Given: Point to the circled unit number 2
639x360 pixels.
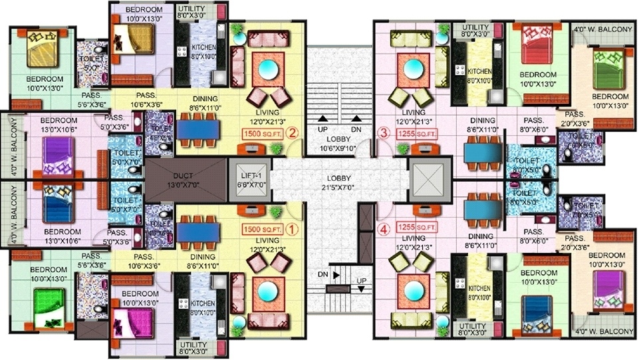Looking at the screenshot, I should pyautogui.click(x=292, y=132).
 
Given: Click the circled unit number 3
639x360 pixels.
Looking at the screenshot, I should pyautogui.click(x=383, y=132).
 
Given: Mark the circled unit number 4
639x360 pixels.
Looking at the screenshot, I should pyautogui.click(x=383, y=231).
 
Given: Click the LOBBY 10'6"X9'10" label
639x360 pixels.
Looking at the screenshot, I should pyautogui.click(x=339, y=143).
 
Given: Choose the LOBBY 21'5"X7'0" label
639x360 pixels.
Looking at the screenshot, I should pyautogui.click(x=339, y=183).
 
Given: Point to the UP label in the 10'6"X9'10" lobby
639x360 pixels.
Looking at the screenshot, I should pyautogui.click(x=321, y=128).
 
